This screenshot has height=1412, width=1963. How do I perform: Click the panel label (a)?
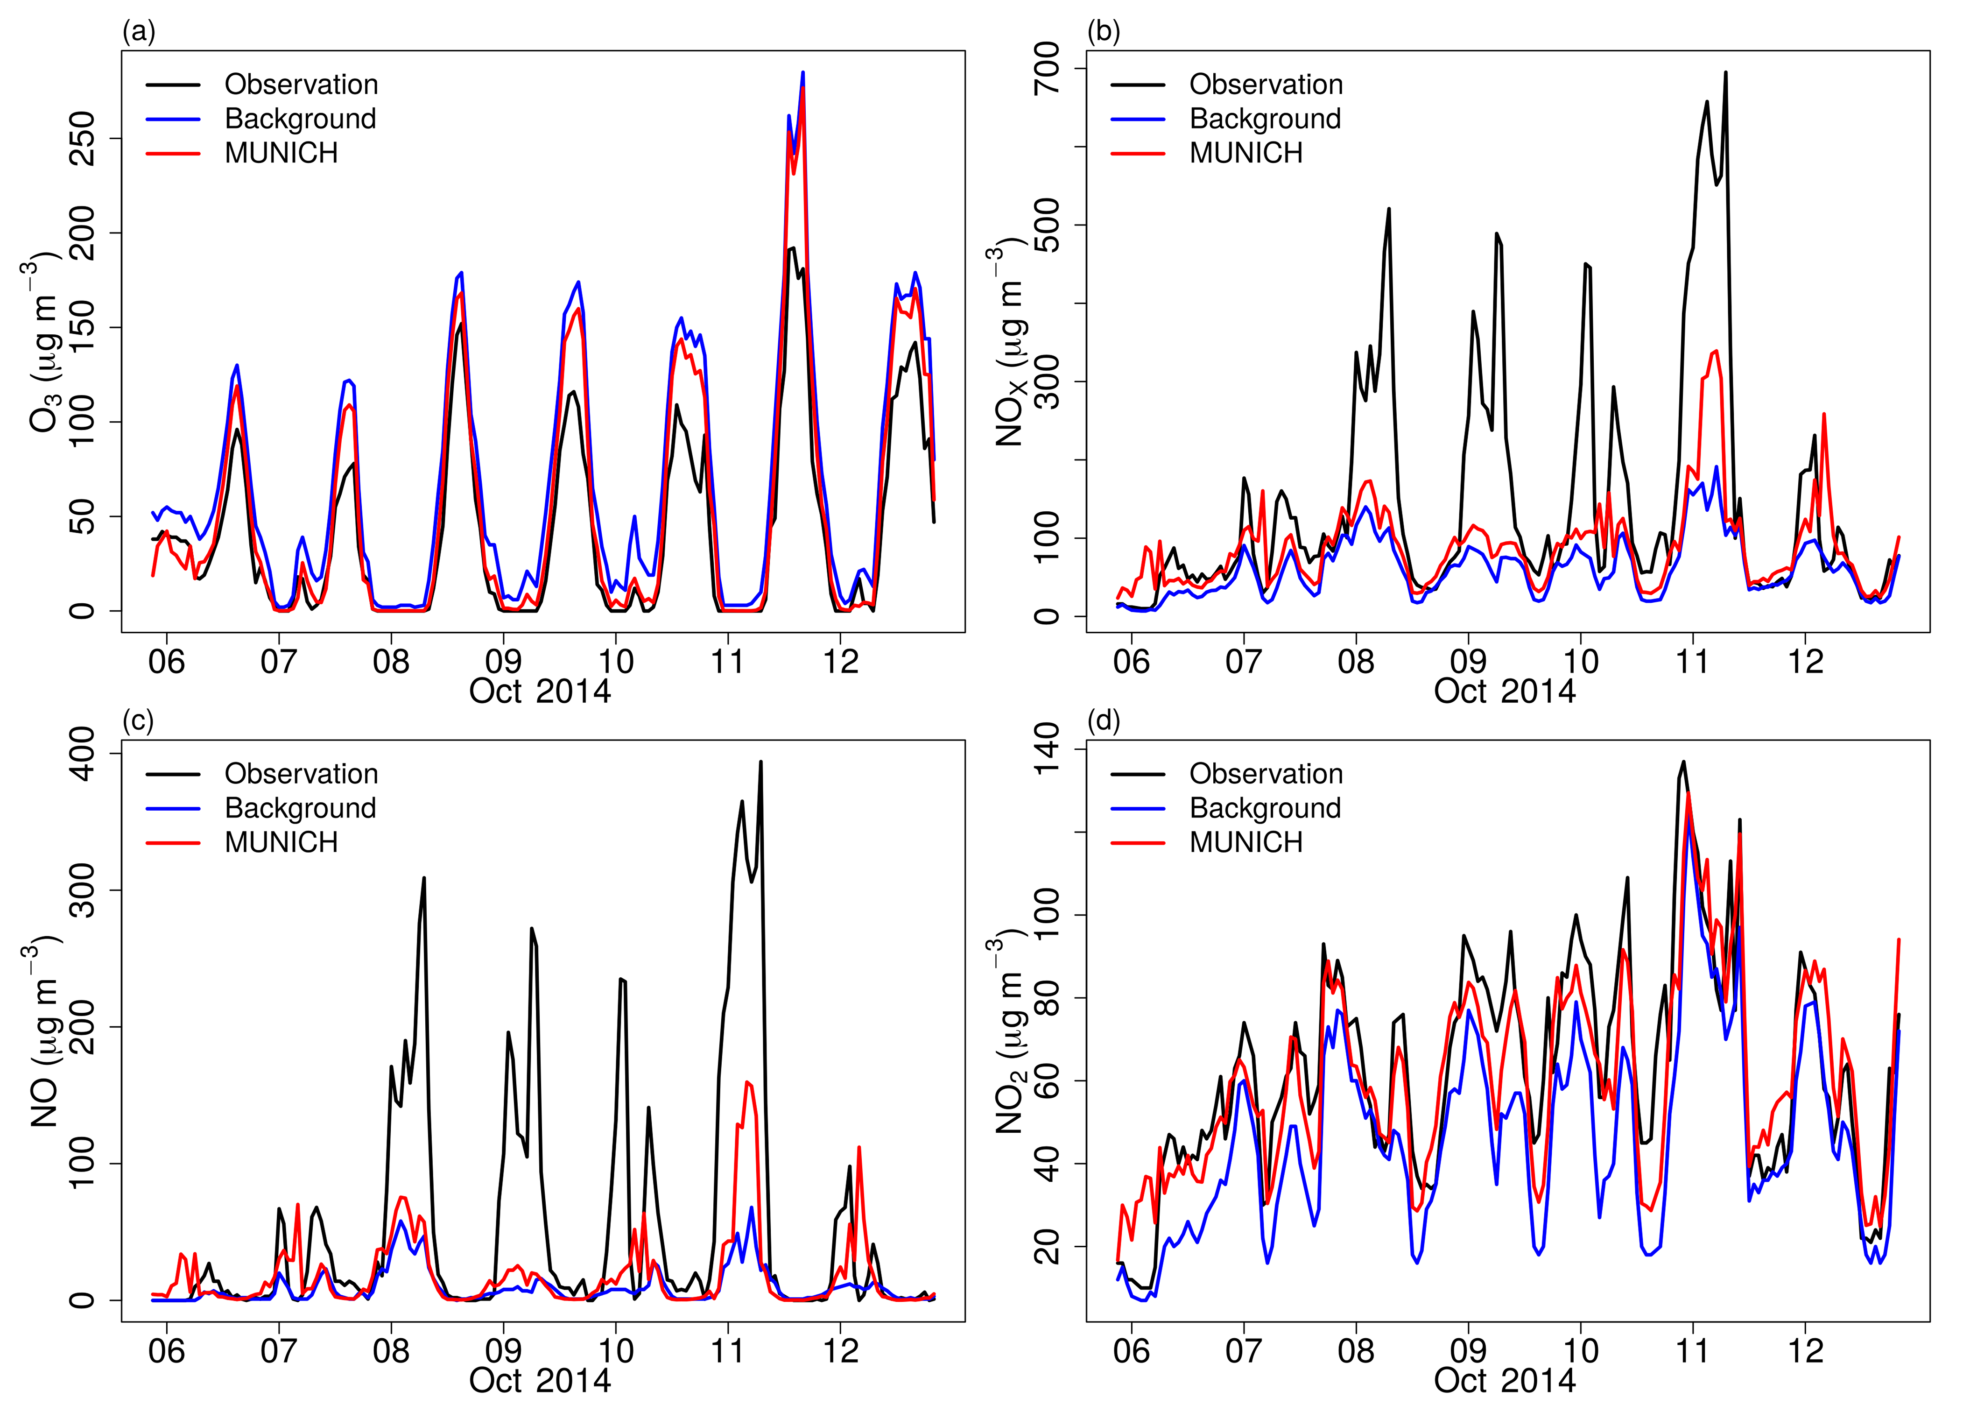click(x=139, y=33)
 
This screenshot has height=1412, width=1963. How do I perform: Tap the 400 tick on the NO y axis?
click(x=82, y=754)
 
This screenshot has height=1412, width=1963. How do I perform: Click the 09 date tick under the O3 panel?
click(x=503, y=662)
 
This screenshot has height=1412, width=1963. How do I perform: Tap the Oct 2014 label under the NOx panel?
click(x=1504, y=692)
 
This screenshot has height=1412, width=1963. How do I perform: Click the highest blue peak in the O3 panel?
click(x=802, y=73)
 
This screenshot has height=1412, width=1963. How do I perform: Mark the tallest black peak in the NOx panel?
click(x=1725, y=73)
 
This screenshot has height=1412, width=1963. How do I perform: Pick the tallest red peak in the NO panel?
click(x=747, y=1082)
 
